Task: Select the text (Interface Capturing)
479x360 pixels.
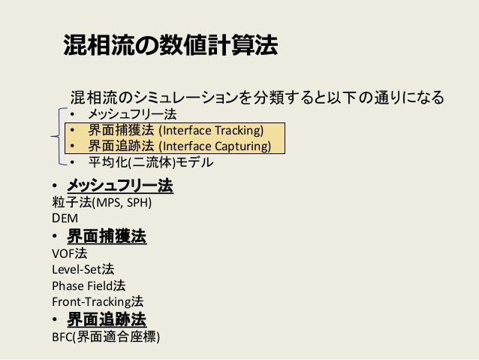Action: point(214,146)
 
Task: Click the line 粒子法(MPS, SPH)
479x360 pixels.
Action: point(102,203)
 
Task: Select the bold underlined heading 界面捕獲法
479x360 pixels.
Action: point(107,237)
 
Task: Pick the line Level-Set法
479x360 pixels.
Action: point(83,270)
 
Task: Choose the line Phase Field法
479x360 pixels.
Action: point(89,286)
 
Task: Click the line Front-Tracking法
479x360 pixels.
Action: point(97,302)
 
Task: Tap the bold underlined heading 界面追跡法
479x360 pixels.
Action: point(107,319)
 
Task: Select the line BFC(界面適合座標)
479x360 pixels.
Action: point(104,337)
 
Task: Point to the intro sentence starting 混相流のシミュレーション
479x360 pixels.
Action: point(257,98)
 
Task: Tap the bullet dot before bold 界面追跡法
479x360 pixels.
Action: point(56,320)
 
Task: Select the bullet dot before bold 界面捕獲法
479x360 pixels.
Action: point(56,237)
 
